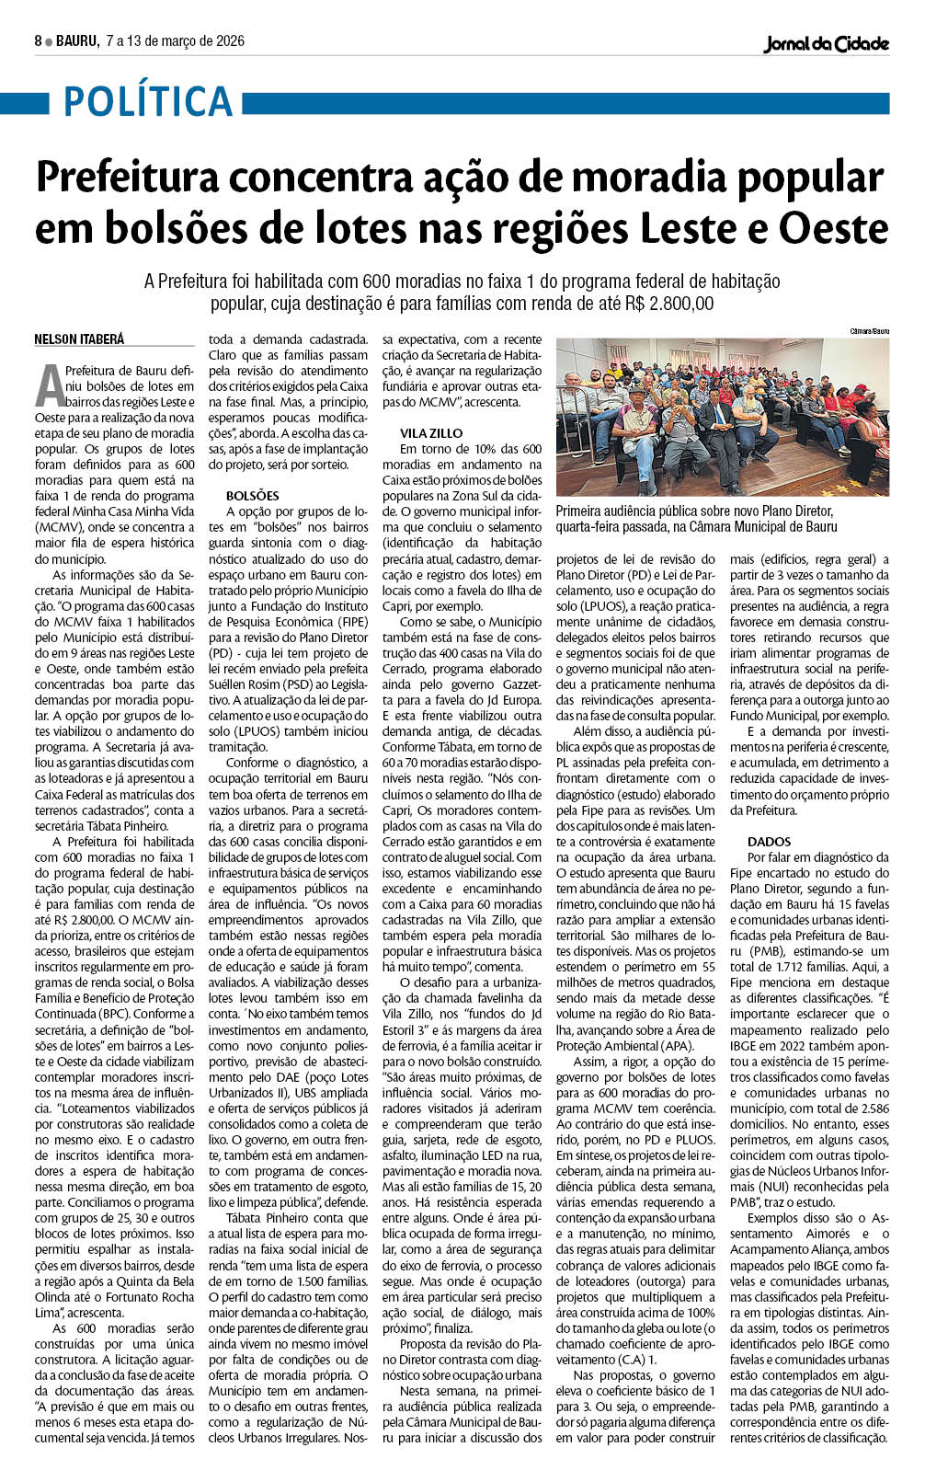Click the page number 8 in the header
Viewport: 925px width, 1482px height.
(39, 41)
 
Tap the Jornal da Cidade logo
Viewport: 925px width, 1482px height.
(826, 43)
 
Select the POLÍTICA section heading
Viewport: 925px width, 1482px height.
(147, 101)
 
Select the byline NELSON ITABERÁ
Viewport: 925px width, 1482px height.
(79, 339)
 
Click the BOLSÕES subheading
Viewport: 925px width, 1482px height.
(252, 496)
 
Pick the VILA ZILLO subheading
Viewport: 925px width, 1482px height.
(431, 432)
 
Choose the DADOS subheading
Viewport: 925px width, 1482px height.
(769, 842)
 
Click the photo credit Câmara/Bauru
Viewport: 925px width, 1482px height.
(870, 330)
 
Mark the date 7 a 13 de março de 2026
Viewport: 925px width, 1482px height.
(175, 41)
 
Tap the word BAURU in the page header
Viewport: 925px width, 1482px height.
(75, 41)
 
